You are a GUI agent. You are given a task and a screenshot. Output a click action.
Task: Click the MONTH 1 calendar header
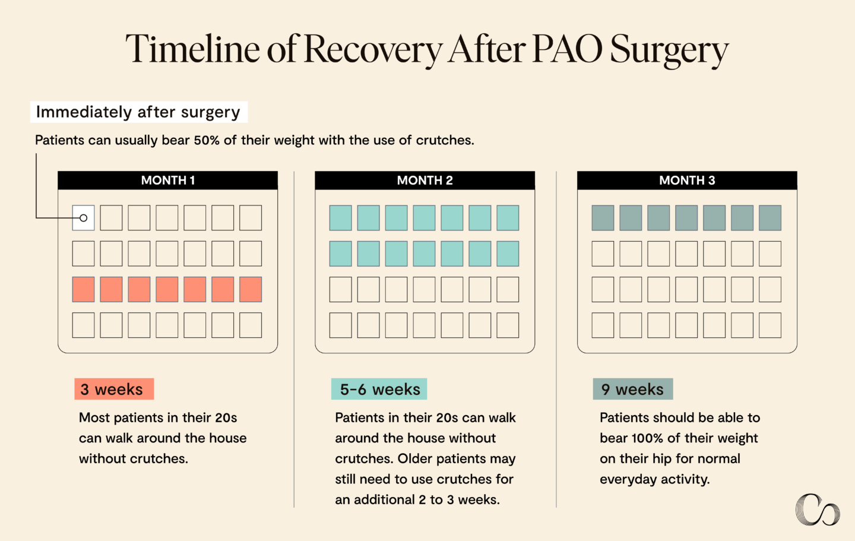[167, 181]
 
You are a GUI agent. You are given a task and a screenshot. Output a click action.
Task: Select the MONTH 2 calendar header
[425, 181]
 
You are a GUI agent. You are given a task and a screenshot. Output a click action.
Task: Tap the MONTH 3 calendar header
[687, 181]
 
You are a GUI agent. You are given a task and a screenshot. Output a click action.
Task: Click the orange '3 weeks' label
[114, 389]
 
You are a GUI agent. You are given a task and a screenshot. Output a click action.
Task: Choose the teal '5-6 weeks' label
[379, 389]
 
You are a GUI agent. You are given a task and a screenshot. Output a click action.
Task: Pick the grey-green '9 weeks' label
[632, 389]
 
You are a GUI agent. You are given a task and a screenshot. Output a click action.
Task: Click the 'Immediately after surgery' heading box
[138, 112]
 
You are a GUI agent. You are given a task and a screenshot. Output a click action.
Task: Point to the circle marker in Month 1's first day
[84, 218]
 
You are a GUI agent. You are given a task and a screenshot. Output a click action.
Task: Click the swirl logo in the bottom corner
[817, 510]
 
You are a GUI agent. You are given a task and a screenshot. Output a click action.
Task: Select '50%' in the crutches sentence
[207, 140]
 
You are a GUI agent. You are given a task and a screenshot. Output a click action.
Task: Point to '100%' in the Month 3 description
[647, 438]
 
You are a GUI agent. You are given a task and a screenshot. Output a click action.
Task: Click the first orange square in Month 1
[84, 289]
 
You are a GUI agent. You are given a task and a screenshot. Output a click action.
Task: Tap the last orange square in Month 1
[251, 289]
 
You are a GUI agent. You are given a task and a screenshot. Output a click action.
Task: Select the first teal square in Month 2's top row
[341, 218]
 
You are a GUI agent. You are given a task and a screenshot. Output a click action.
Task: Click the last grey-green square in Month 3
[770, 218]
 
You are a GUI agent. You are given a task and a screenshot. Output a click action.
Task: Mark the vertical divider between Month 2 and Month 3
[556, 338]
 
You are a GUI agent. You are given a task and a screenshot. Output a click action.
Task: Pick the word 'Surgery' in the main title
[669, 50]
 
